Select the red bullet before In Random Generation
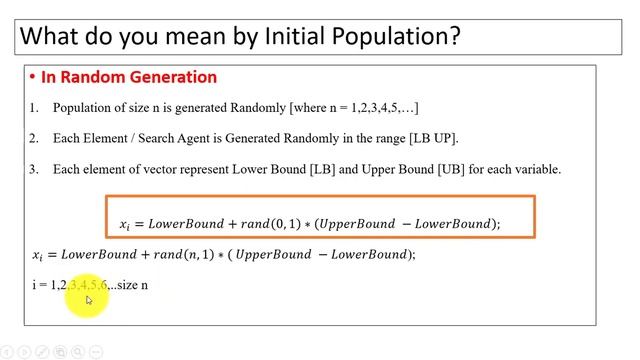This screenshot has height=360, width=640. click(x=32, y=77)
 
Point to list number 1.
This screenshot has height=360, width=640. click(x=33, y=107)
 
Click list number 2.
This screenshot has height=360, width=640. click(x=33, y=138)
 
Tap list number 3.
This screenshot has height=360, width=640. click(x=33, y=169)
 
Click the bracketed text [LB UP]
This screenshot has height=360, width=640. click(x=434, y=138)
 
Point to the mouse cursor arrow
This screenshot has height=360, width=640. click(x=88, y=299)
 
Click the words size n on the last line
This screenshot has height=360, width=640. click(x=133, y=285)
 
